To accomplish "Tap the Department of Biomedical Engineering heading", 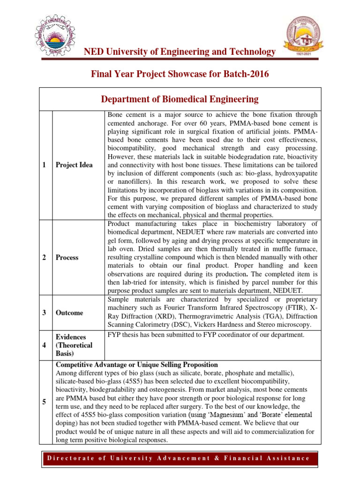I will (180, 99).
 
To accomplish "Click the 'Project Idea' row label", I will (74, 165).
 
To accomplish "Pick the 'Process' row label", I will (67, 257).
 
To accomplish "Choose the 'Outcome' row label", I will (69, 313).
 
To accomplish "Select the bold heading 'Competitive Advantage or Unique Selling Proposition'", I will (137, 364).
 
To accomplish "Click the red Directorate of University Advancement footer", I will (180, 458).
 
